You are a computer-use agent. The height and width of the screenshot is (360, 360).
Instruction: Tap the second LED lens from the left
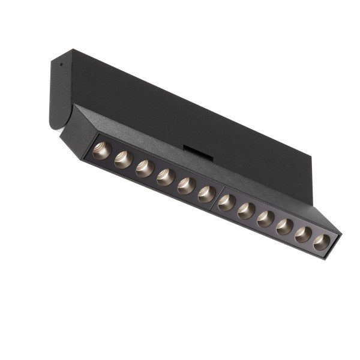(123, 160)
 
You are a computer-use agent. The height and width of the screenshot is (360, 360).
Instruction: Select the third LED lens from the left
(144, 169)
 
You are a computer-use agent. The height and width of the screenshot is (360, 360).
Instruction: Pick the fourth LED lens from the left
(165, 177)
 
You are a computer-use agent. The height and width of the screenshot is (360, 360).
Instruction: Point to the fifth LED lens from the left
(186, 185)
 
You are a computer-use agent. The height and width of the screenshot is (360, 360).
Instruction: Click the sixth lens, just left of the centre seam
(206, 194)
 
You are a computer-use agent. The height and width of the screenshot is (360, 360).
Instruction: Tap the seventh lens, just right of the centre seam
(226, 202)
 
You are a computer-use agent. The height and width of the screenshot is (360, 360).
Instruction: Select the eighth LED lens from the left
(246, 211)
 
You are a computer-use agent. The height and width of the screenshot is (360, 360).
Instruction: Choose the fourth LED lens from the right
(265, 219)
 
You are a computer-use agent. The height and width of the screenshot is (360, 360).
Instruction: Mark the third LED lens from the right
(284, 227)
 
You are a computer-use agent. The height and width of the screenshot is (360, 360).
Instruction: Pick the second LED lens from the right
(304, 235)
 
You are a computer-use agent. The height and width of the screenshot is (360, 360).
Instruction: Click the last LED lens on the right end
(322, 242)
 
